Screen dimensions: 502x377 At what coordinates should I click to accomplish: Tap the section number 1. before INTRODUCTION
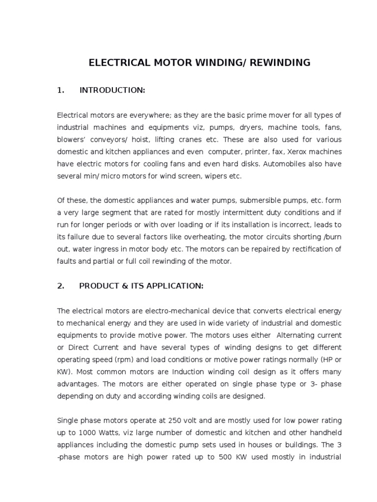click(x=61, y=90)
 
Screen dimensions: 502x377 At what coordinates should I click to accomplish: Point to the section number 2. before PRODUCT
click(x=61, y=286)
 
